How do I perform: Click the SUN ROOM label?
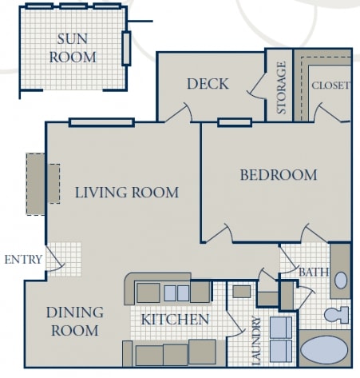[73, 47]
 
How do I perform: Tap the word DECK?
[208, 84]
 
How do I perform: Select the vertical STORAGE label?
[281, 87]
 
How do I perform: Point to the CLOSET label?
[330, 86]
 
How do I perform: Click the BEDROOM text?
[279, 175]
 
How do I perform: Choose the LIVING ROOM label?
[126, 193]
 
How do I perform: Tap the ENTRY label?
[22, 260]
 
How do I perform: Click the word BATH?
[314, 273]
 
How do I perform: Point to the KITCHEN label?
[175, 320]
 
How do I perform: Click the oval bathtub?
[323, 351]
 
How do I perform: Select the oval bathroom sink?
[341, 280]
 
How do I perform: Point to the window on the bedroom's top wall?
[235, 123]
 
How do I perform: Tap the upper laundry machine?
[281, 328]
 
